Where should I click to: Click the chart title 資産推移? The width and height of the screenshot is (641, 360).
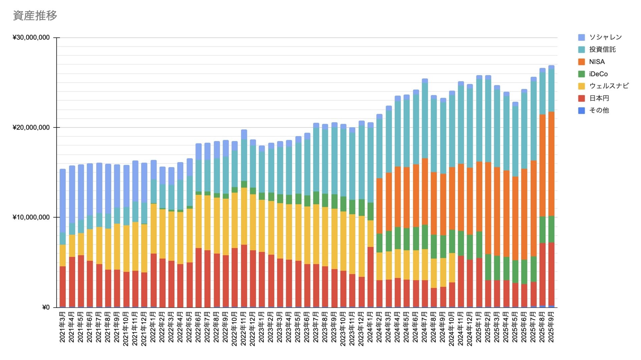35,15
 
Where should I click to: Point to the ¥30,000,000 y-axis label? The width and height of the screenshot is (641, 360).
31,37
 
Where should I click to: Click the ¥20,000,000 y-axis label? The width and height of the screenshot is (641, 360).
31,127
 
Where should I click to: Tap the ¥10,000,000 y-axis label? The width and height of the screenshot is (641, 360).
31,217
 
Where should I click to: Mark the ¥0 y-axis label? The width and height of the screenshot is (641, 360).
46,307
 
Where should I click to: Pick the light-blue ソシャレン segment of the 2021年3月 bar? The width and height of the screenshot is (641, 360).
62,200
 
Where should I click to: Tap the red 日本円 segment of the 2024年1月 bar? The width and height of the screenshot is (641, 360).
370,277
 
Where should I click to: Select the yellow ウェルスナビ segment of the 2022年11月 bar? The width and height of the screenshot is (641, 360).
244,216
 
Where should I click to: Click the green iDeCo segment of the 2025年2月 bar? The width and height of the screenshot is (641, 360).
488,267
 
